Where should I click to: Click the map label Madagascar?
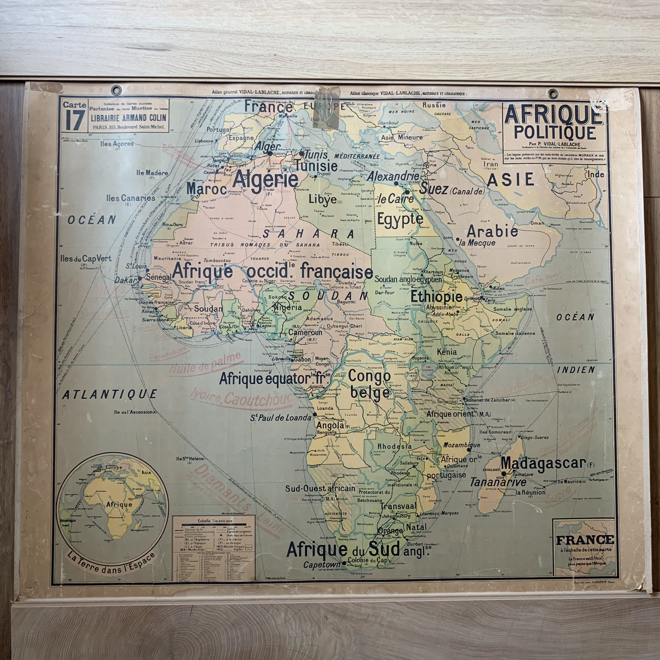543,464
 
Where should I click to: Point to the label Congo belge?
369,384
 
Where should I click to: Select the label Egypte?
400,219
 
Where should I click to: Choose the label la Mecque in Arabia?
478,243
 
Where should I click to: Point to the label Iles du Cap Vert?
85,259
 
